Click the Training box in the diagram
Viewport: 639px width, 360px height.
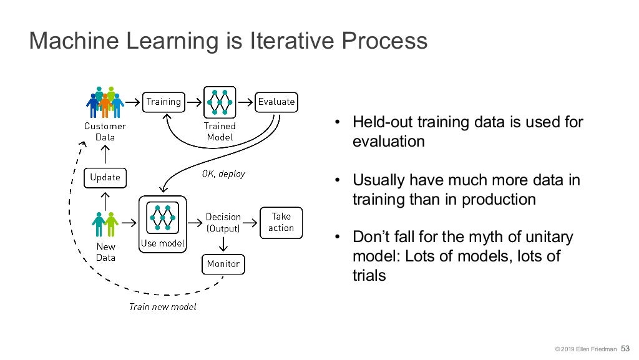163,101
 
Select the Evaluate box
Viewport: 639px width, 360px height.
276,101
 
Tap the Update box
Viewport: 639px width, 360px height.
105,177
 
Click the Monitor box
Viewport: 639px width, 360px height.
223,264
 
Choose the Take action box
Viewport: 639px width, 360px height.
281,223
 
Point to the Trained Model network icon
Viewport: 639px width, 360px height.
220,101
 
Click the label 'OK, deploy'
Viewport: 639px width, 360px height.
223,173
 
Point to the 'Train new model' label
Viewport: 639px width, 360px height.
162,306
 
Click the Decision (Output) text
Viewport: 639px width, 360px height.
223,223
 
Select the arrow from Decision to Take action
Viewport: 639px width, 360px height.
250,222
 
